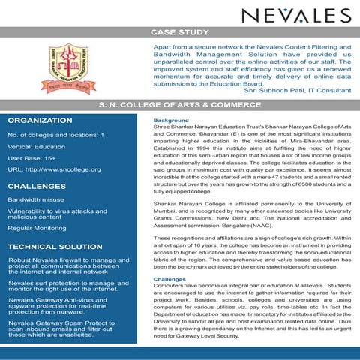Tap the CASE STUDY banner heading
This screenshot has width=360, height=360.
180,33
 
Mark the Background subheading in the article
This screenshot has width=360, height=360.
170,121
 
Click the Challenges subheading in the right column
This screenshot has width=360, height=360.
169,279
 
